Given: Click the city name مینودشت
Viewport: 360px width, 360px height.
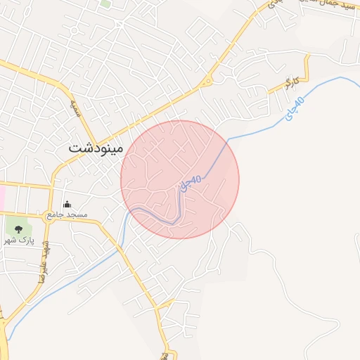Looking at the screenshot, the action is (x=96, y=148).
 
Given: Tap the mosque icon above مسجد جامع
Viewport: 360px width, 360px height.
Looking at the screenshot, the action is (x=67, y=205).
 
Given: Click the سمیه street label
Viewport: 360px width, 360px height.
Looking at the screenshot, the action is (x=75, y=108).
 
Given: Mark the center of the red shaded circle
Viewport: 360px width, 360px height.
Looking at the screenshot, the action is (x=180, y=179).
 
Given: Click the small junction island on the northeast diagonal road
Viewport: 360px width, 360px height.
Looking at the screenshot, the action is (x=207, y=82).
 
